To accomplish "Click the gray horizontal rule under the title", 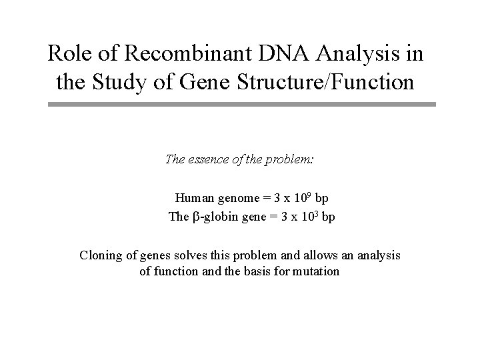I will pos(241,104).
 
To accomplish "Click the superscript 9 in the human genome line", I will pos(309,195).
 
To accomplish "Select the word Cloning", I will pos(101,255).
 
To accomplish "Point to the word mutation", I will pos(317,272).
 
